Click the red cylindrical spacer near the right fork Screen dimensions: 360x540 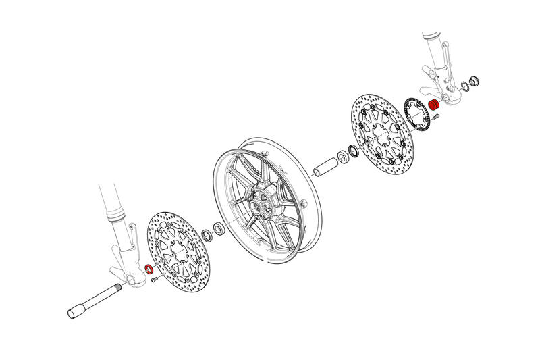pyautogui.click(x=435, y=105)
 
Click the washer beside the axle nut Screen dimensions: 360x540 pyautogui.click(x=464, y=86)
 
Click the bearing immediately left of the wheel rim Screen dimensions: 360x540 pyautogui.click(x=218, y=228)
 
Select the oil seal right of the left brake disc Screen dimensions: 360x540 pyautogui.click(x=205, y=236)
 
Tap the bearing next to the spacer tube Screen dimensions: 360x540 pyautogui.click(x=344, y=156)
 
